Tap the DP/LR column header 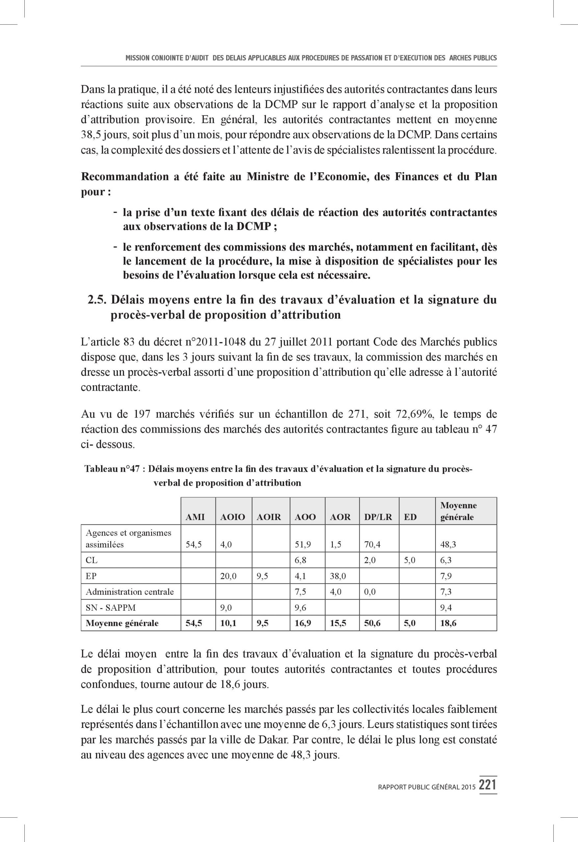point(378,517)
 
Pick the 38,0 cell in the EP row point(338,576)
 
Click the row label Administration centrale point(129,592)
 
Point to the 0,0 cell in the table point(370,592)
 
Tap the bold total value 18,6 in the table point(448,624)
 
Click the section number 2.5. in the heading point(97,300)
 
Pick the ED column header point(410,517)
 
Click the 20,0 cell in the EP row point(228,576)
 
